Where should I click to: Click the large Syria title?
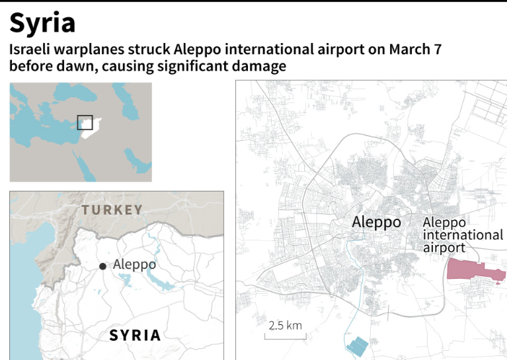pyautogui.click(x=42, y=23)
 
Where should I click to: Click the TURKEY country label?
pyautogui.click(x=112, y=210)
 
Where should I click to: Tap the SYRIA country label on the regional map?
pyautogui.click(x=135, y=335)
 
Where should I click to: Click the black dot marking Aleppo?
pyautogui.click(x=102, y=266)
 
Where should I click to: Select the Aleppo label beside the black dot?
pyautogui.click(x=134, y=264)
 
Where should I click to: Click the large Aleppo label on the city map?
pyautogui.click(x=376, y=222)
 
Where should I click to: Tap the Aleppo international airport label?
pyautogui.click(x=462, y=235)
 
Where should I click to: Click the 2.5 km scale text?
pyautogui.click(x=285, y=325)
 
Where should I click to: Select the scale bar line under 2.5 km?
pyautogui.click(x=285, y=337)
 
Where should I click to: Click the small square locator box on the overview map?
pyautogui.click(x=85, y=122)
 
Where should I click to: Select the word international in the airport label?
pyautogui.click(x=462, y=235)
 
